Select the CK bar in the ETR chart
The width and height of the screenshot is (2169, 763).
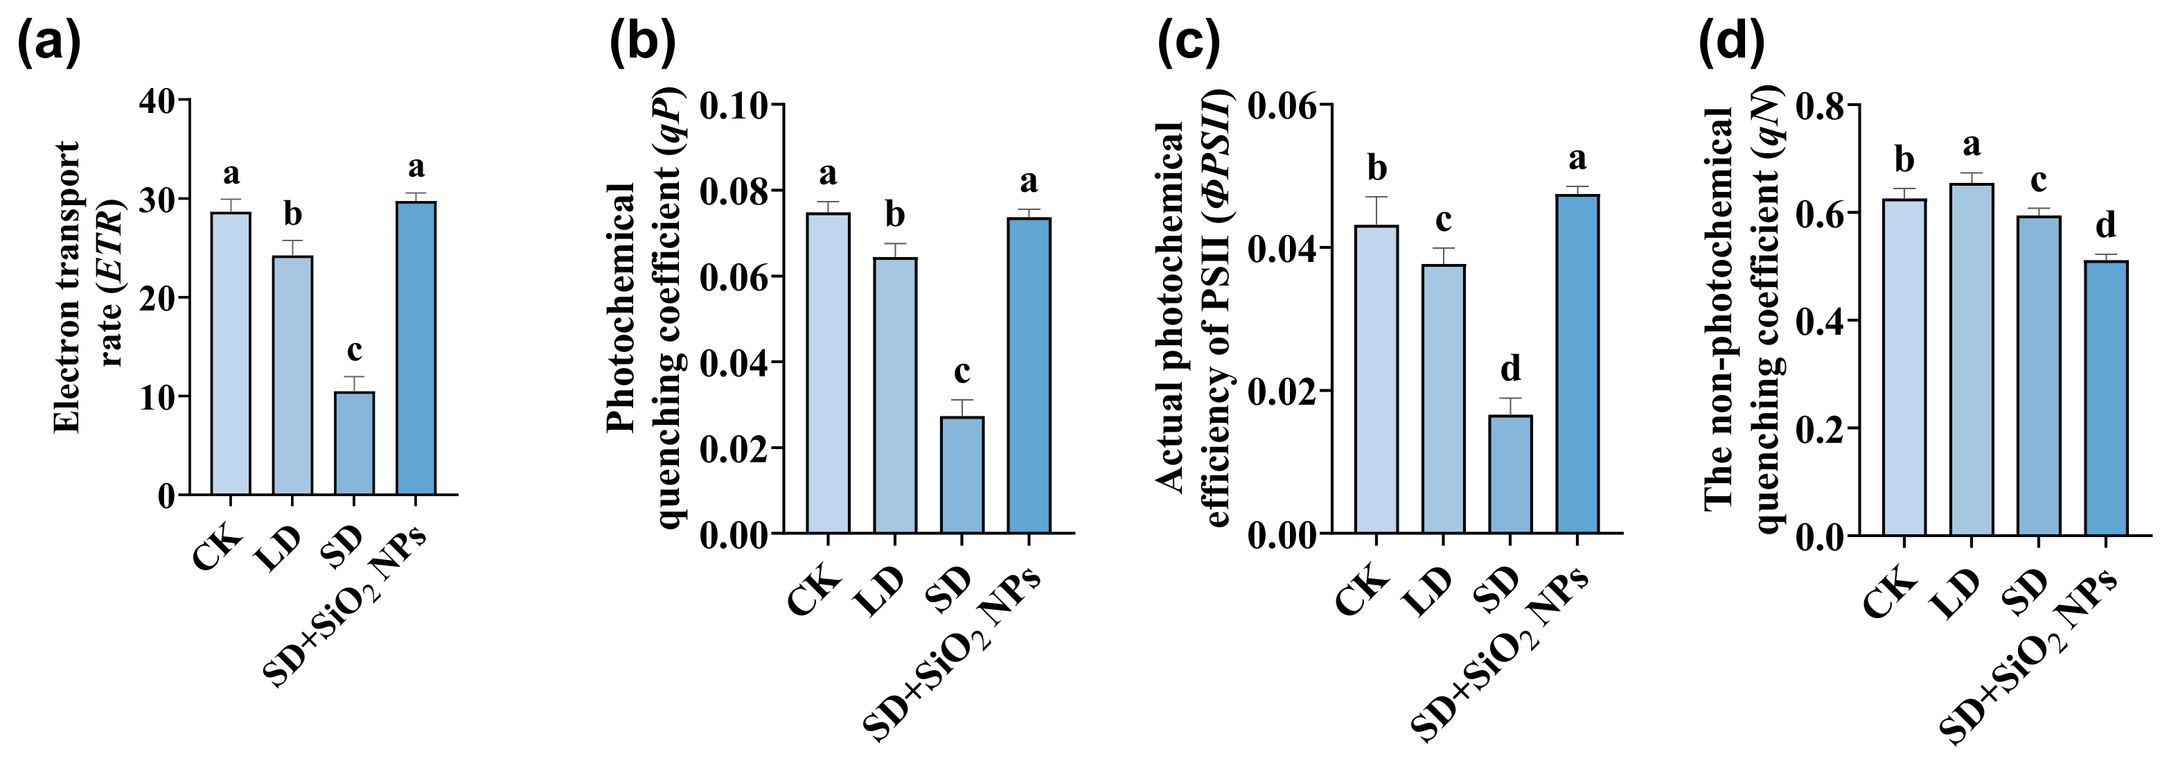tap(231, 353)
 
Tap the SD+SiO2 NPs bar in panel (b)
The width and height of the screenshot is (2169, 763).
tap(1028, 375)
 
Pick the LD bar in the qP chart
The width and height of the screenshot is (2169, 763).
tap(895, 395)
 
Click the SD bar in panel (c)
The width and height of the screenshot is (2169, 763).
tap(1511, 474)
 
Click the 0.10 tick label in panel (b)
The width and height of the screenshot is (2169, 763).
tap(734, 106)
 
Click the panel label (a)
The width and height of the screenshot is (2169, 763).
tap(48, 43)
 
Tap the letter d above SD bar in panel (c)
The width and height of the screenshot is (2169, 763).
tap(1511, 368)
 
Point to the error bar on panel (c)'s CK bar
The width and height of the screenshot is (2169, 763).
tap(1376, 211)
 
